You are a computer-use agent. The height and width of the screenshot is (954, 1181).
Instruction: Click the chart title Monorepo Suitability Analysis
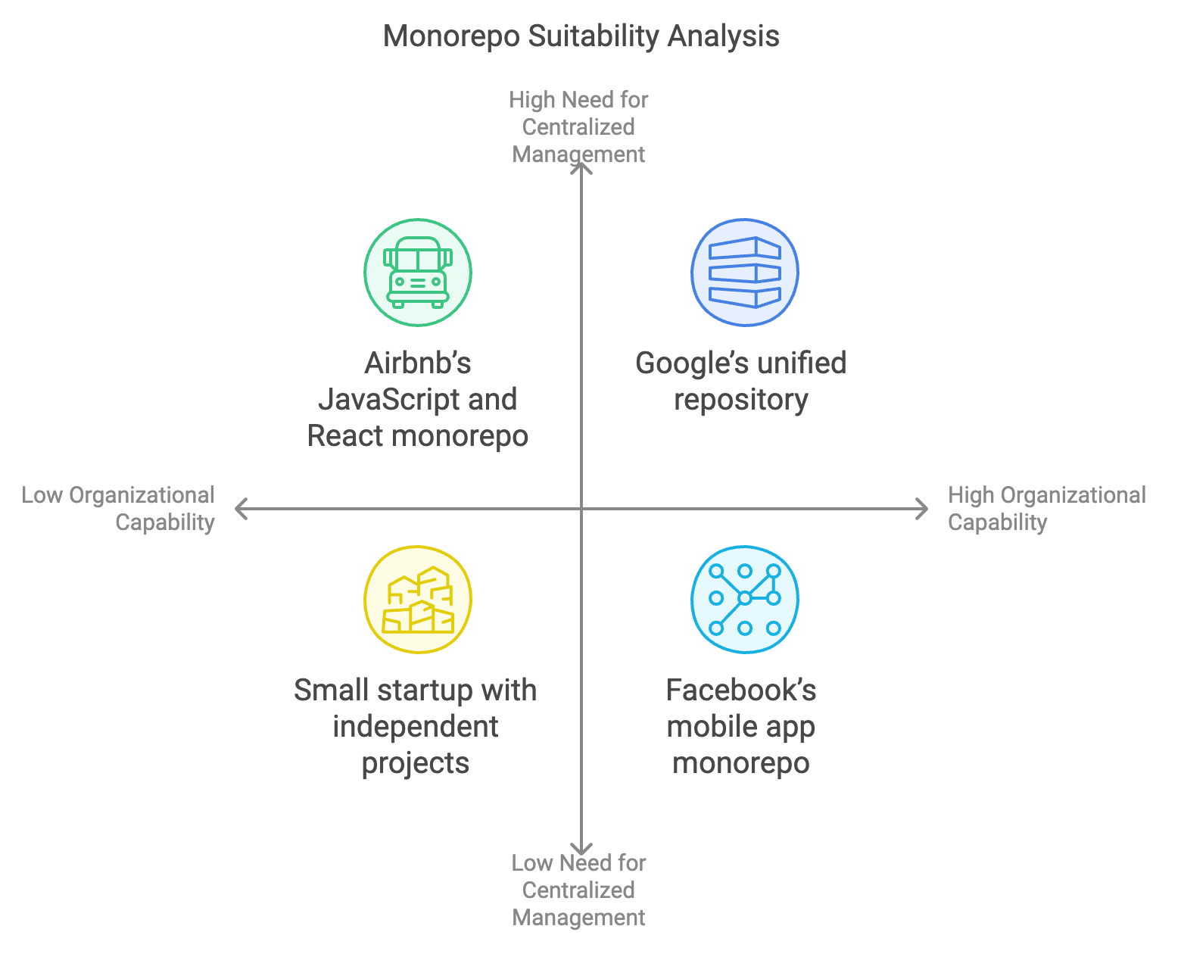click(581, 36)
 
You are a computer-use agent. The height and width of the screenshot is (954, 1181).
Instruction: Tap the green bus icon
click(418, 273)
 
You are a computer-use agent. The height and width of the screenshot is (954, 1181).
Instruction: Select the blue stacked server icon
click(744, 273)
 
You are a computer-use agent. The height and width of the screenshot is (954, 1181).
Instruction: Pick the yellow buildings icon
click(418, 600)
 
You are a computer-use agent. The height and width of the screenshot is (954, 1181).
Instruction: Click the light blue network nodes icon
click(744, 600)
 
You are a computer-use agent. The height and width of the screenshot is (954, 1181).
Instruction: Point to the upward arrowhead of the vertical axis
click(581, 168)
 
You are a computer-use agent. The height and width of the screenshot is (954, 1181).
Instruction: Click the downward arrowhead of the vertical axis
click(581, 850)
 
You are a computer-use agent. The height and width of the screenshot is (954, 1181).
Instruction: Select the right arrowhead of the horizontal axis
click(922, 509)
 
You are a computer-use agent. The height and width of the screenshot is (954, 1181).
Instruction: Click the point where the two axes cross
click(581, 509)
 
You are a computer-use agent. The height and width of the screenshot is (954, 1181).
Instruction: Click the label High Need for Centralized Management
click(578, 127)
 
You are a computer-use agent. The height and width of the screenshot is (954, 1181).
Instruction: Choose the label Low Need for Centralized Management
click(578, 890)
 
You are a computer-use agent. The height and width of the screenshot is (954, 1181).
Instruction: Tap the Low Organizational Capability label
click(119, 509)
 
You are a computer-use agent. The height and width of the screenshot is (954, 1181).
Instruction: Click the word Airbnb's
click(418, 363)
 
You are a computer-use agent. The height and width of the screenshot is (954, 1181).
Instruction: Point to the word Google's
click(686, 363)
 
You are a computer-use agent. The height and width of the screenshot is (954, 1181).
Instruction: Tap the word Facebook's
click(741, 691)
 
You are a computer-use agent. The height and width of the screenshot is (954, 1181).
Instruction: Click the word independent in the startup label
click(415, 727)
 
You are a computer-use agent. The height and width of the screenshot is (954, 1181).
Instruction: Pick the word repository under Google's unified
click(741, 400)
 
